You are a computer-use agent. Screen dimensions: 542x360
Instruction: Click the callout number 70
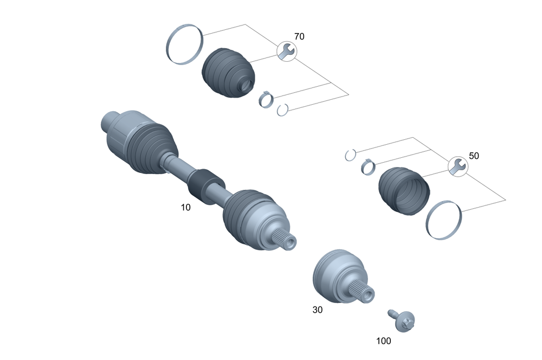[299, 36]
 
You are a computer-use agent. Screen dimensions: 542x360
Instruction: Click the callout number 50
[474, 156]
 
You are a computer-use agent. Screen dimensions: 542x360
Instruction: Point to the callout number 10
[185, 208]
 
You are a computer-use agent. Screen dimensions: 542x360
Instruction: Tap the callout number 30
[317, 310]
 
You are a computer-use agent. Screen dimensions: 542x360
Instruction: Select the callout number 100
[383, 341]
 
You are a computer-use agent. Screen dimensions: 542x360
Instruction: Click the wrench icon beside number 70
[287, 52]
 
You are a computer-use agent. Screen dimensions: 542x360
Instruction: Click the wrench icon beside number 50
[458, 166]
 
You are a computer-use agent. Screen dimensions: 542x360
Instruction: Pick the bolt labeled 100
[402, 320]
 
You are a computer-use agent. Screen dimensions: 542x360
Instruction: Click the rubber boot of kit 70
[228, 72]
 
